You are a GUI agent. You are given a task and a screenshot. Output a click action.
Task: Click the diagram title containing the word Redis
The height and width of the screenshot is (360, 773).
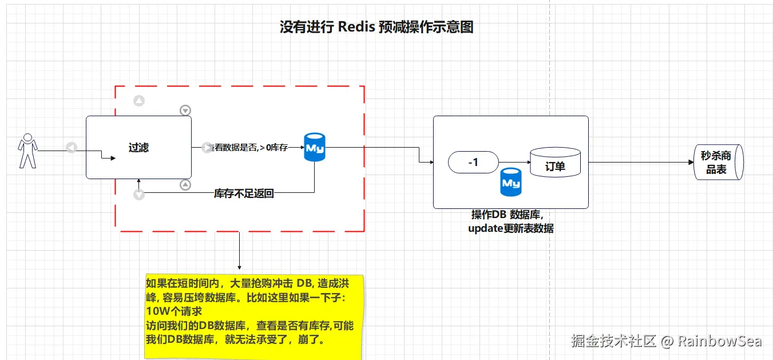coord(376,27)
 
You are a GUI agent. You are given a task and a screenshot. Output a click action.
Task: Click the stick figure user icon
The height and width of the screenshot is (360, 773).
coord(27,151)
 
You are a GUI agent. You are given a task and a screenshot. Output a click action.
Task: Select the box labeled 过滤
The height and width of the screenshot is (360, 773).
coord(138,148)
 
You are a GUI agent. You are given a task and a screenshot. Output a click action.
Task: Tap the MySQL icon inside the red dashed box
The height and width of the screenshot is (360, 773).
coord(314,148)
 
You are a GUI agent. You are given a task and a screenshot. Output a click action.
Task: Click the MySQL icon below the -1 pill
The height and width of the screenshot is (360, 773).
coord(510,183)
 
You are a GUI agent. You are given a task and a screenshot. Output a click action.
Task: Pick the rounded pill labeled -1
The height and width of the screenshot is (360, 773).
coord(473,163)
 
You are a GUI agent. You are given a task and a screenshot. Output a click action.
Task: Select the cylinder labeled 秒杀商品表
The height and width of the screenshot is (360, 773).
coord(719,162)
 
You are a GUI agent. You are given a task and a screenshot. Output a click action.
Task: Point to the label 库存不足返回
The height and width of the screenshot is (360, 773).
coord(244,193)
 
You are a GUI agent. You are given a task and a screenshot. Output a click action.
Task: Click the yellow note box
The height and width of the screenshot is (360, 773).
coord(254,315)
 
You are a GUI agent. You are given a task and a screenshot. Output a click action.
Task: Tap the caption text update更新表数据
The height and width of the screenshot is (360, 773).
coord(510,228)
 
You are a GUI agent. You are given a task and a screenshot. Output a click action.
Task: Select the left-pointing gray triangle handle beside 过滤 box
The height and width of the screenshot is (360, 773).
coord(71,148)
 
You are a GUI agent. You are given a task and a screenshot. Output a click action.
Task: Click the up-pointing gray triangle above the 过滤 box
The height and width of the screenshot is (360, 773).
coord(138,101)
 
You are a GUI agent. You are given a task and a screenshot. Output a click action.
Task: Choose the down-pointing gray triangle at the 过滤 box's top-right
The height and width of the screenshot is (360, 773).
coord(185,110)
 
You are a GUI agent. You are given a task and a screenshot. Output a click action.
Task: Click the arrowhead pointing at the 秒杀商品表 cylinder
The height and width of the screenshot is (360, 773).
coord(691,163)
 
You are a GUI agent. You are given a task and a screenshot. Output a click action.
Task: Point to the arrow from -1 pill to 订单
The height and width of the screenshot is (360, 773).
coord(514,163)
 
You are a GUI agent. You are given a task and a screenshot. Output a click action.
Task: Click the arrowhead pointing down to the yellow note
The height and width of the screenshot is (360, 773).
coord(239,267)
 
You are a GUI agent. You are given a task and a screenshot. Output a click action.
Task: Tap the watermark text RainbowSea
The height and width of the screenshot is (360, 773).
coord(719,342)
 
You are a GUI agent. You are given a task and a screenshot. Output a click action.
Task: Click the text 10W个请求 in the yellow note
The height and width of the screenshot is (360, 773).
coord(173,312)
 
